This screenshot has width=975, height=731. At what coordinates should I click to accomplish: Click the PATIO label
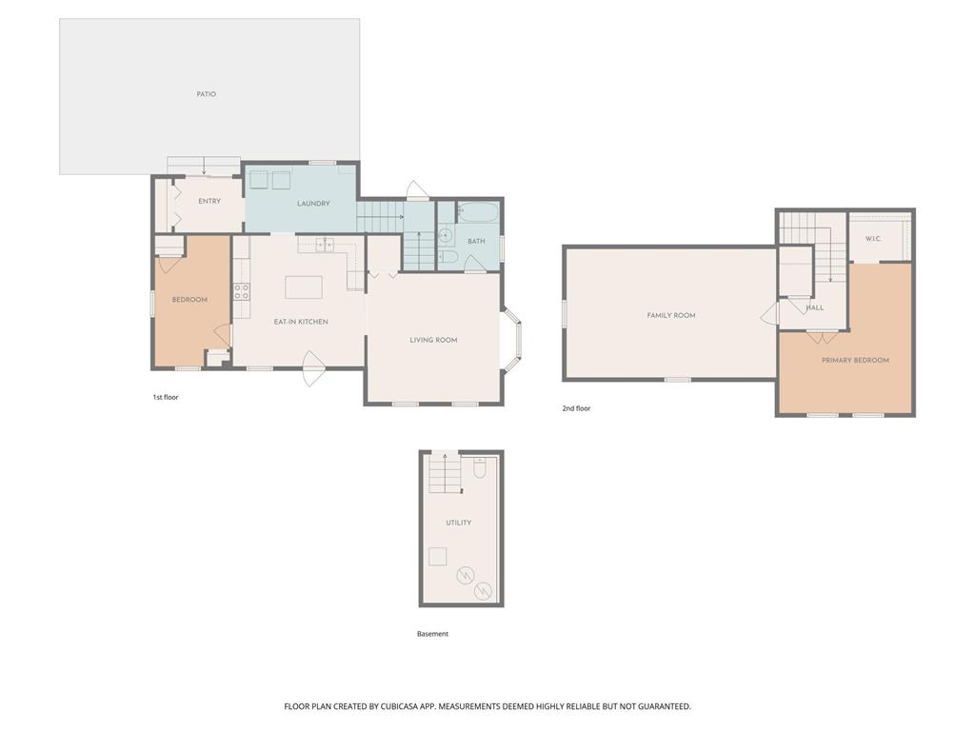207,94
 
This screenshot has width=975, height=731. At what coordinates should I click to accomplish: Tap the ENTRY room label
209,202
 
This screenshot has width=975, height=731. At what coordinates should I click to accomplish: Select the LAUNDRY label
313,204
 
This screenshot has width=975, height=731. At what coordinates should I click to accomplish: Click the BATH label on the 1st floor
476,241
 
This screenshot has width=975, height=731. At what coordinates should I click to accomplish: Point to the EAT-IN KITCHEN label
301,322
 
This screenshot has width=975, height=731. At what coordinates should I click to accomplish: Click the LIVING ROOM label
433,340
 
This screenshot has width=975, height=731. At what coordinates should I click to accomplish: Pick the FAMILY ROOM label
671,316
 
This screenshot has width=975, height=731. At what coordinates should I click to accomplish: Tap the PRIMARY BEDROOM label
855,361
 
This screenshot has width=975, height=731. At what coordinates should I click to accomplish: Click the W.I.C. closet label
873,239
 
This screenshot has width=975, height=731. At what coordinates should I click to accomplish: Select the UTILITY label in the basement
458,523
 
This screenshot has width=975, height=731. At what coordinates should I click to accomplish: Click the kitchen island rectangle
304,287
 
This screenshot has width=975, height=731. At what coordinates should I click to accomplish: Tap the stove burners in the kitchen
242,291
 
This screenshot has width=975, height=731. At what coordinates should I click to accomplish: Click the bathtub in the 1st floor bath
478,212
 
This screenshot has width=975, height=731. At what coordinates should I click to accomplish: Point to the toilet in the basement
480,467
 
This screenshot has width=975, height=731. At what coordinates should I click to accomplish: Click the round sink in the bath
446,236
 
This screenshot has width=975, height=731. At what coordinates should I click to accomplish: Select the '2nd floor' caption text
576,408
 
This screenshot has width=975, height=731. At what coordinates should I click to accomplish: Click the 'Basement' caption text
433,634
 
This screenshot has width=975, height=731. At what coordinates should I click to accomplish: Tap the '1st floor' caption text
166,397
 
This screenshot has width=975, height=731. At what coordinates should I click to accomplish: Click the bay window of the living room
513,340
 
